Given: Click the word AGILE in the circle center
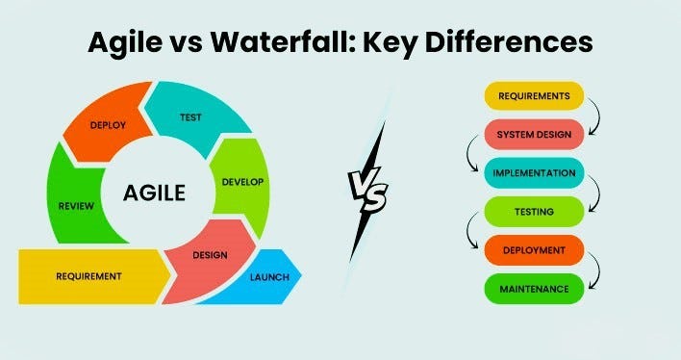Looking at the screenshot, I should click(154, 193).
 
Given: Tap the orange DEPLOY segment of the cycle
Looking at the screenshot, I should click(109, 126).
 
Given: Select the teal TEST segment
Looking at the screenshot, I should click(189, 116).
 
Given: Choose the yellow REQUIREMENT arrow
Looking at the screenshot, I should click(89, 276).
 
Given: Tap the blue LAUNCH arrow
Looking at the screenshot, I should click(269, 277).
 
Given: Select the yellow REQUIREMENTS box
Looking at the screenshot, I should click(534, 96).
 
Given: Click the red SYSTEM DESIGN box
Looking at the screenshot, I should click(534, 135).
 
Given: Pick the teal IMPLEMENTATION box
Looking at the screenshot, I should click(534, 173).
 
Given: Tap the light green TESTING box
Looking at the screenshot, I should click(534, 212).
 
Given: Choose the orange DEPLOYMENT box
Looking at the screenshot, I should click(534, 250).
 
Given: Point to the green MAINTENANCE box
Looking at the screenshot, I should click(534, 289).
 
